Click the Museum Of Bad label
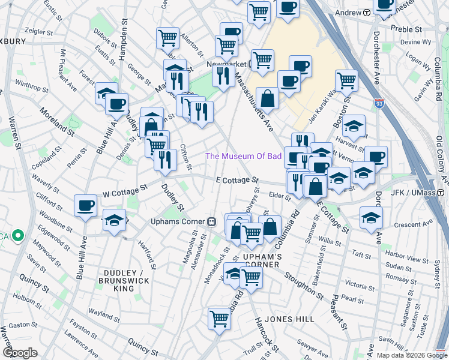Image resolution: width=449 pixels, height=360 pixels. pyautogui.click(x=243, y=156)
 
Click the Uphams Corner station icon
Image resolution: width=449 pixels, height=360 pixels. pyautogui.click(x=211, y=221)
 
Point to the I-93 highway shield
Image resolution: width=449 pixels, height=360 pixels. pyautogui.click(x=379, y=104)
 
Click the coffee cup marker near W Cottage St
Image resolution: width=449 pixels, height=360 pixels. pyautogui.click(x=85, y=206)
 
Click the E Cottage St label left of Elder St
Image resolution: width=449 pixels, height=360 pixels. pyautogui.click(x=238, y=179)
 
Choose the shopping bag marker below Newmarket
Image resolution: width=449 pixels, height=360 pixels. pyautogui.click(x=267, y=98)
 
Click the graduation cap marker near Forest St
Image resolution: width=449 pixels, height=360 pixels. pyautogui.click(x=106, y=93)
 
